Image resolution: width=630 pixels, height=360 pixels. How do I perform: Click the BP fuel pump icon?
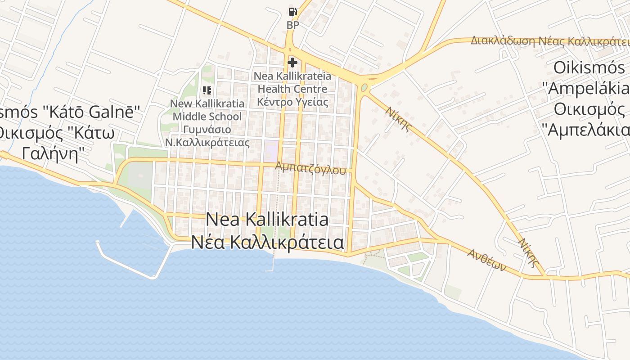point(292,12)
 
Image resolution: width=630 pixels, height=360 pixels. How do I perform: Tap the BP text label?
point(292,25)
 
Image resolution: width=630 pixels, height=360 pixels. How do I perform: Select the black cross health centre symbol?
point(292,63)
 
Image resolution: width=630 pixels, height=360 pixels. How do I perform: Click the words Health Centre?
point(292,89)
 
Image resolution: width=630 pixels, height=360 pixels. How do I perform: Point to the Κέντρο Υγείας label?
point(292,102)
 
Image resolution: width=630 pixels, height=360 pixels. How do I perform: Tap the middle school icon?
point(207,90)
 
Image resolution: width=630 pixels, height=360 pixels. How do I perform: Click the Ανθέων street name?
point(486,260)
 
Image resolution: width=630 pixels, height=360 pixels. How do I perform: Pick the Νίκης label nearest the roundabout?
point(398,118)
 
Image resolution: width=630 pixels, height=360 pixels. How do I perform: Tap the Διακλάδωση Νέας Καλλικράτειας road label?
point(549,41)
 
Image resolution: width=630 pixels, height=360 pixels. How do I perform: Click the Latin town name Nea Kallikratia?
point(267,220)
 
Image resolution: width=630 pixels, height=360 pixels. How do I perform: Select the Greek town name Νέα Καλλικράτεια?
point(267,242)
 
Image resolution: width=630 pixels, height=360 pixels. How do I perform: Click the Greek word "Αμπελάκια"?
point(589,130)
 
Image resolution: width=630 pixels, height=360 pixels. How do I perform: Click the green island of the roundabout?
point(364,87)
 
